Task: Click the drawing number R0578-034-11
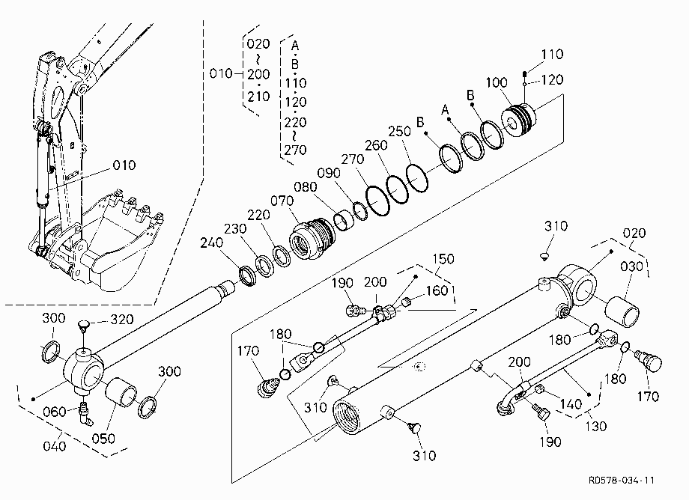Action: pyautogui.click(x=622, y=481)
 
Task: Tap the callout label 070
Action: pyautogui.click(x=282, y=201)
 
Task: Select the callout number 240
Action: pyautogui.click(x=211, y=243)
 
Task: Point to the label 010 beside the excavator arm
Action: pyautogui.click(x=124, y=165)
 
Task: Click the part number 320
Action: pyautogui.click(x=121, y=319)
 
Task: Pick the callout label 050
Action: pyautogui.click(x=103, y=438)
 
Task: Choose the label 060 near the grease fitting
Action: pyautogui.click(x=55, y=412)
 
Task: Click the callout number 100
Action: pyautogui.click(x=497, y=82)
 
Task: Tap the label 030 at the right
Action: pyautogui.click(x=632, y=266)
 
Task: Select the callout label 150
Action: pyautogui.click(x=443, y=259)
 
